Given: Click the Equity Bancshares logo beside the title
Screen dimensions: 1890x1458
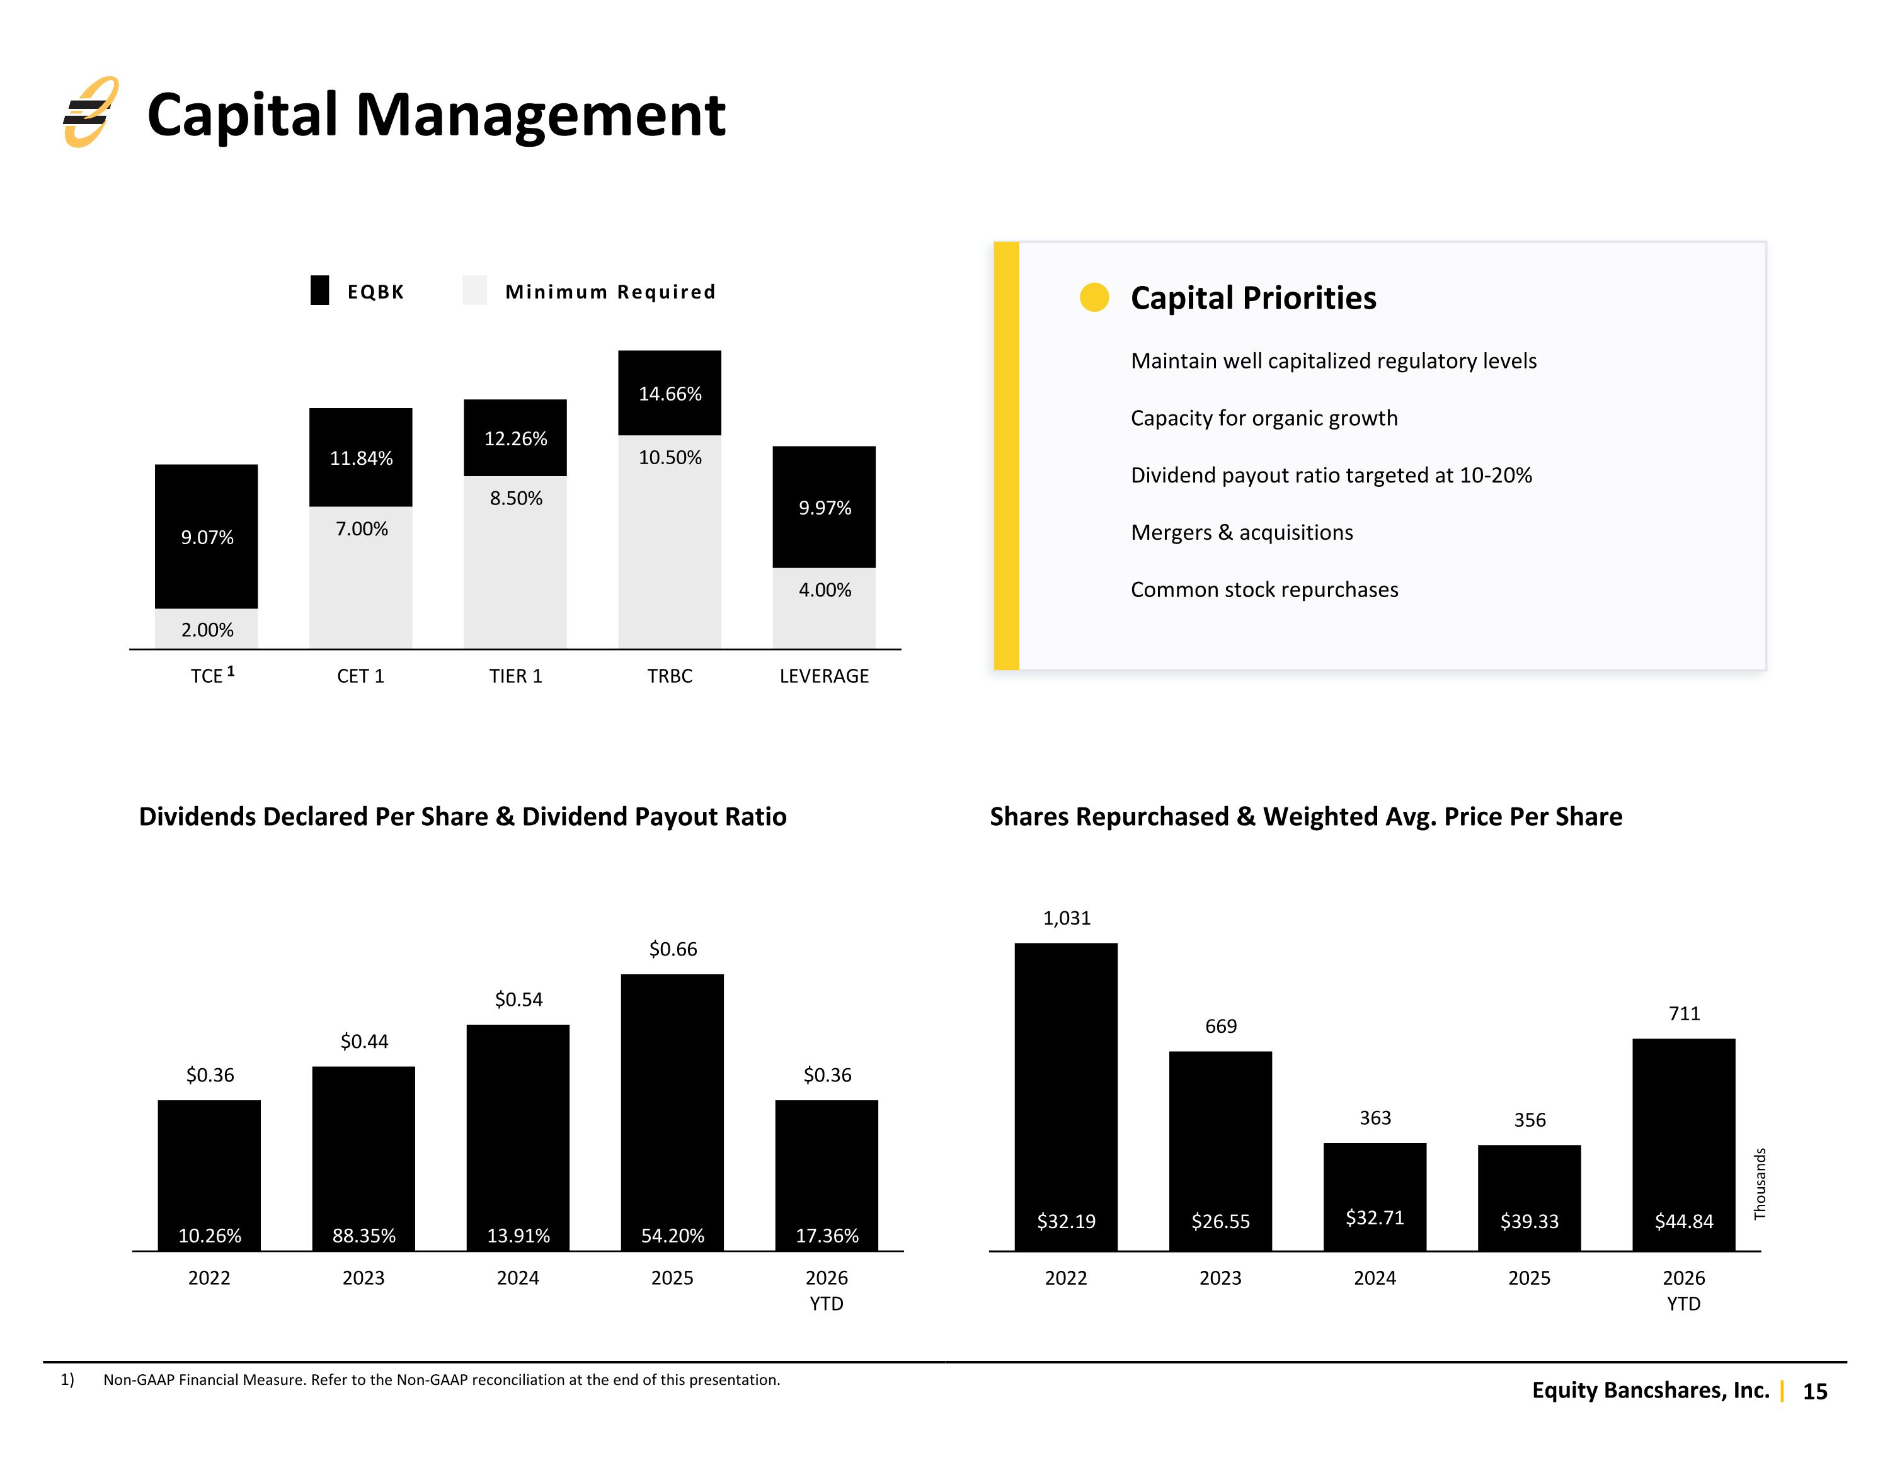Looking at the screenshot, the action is coord(90,111).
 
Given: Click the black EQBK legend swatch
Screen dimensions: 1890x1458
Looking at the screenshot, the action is coord(319,290).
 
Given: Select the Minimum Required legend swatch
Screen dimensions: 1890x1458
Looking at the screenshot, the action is coord(474,290).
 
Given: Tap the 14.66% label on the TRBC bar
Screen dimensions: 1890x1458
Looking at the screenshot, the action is coord(670,394).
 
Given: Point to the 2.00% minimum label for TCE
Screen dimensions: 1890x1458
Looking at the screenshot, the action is coord(207,630).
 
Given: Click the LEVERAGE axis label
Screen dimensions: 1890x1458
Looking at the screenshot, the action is coord(824,676).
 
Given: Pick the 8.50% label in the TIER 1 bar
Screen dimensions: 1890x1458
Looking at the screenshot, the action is coord(516,498).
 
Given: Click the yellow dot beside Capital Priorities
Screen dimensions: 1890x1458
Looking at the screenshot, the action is coord(1094,297).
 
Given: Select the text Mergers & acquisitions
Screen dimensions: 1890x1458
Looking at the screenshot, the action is coord(1242,532).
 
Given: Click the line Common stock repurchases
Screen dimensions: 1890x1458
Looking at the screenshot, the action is coord(1264,589).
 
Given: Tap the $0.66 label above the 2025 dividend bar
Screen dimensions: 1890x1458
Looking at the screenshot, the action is coord(672,949).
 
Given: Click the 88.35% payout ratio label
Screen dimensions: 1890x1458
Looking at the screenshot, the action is coord(364,1236).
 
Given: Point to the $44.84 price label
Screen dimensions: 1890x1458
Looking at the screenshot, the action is coord(1683,1221).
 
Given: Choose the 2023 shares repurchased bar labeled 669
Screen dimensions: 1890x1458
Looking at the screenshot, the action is coord(1220,1151).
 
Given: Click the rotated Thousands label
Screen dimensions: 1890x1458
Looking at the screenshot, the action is coord(1760,1183).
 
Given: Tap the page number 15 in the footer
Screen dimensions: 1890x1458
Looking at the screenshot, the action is coord(1814,1391).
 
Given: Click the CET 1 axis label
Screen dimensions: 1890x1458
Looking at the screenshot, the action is coord(360,676).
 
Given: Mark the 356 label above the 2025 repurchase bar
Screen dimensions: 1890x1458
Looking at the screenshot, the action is coord(1529,1120).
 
